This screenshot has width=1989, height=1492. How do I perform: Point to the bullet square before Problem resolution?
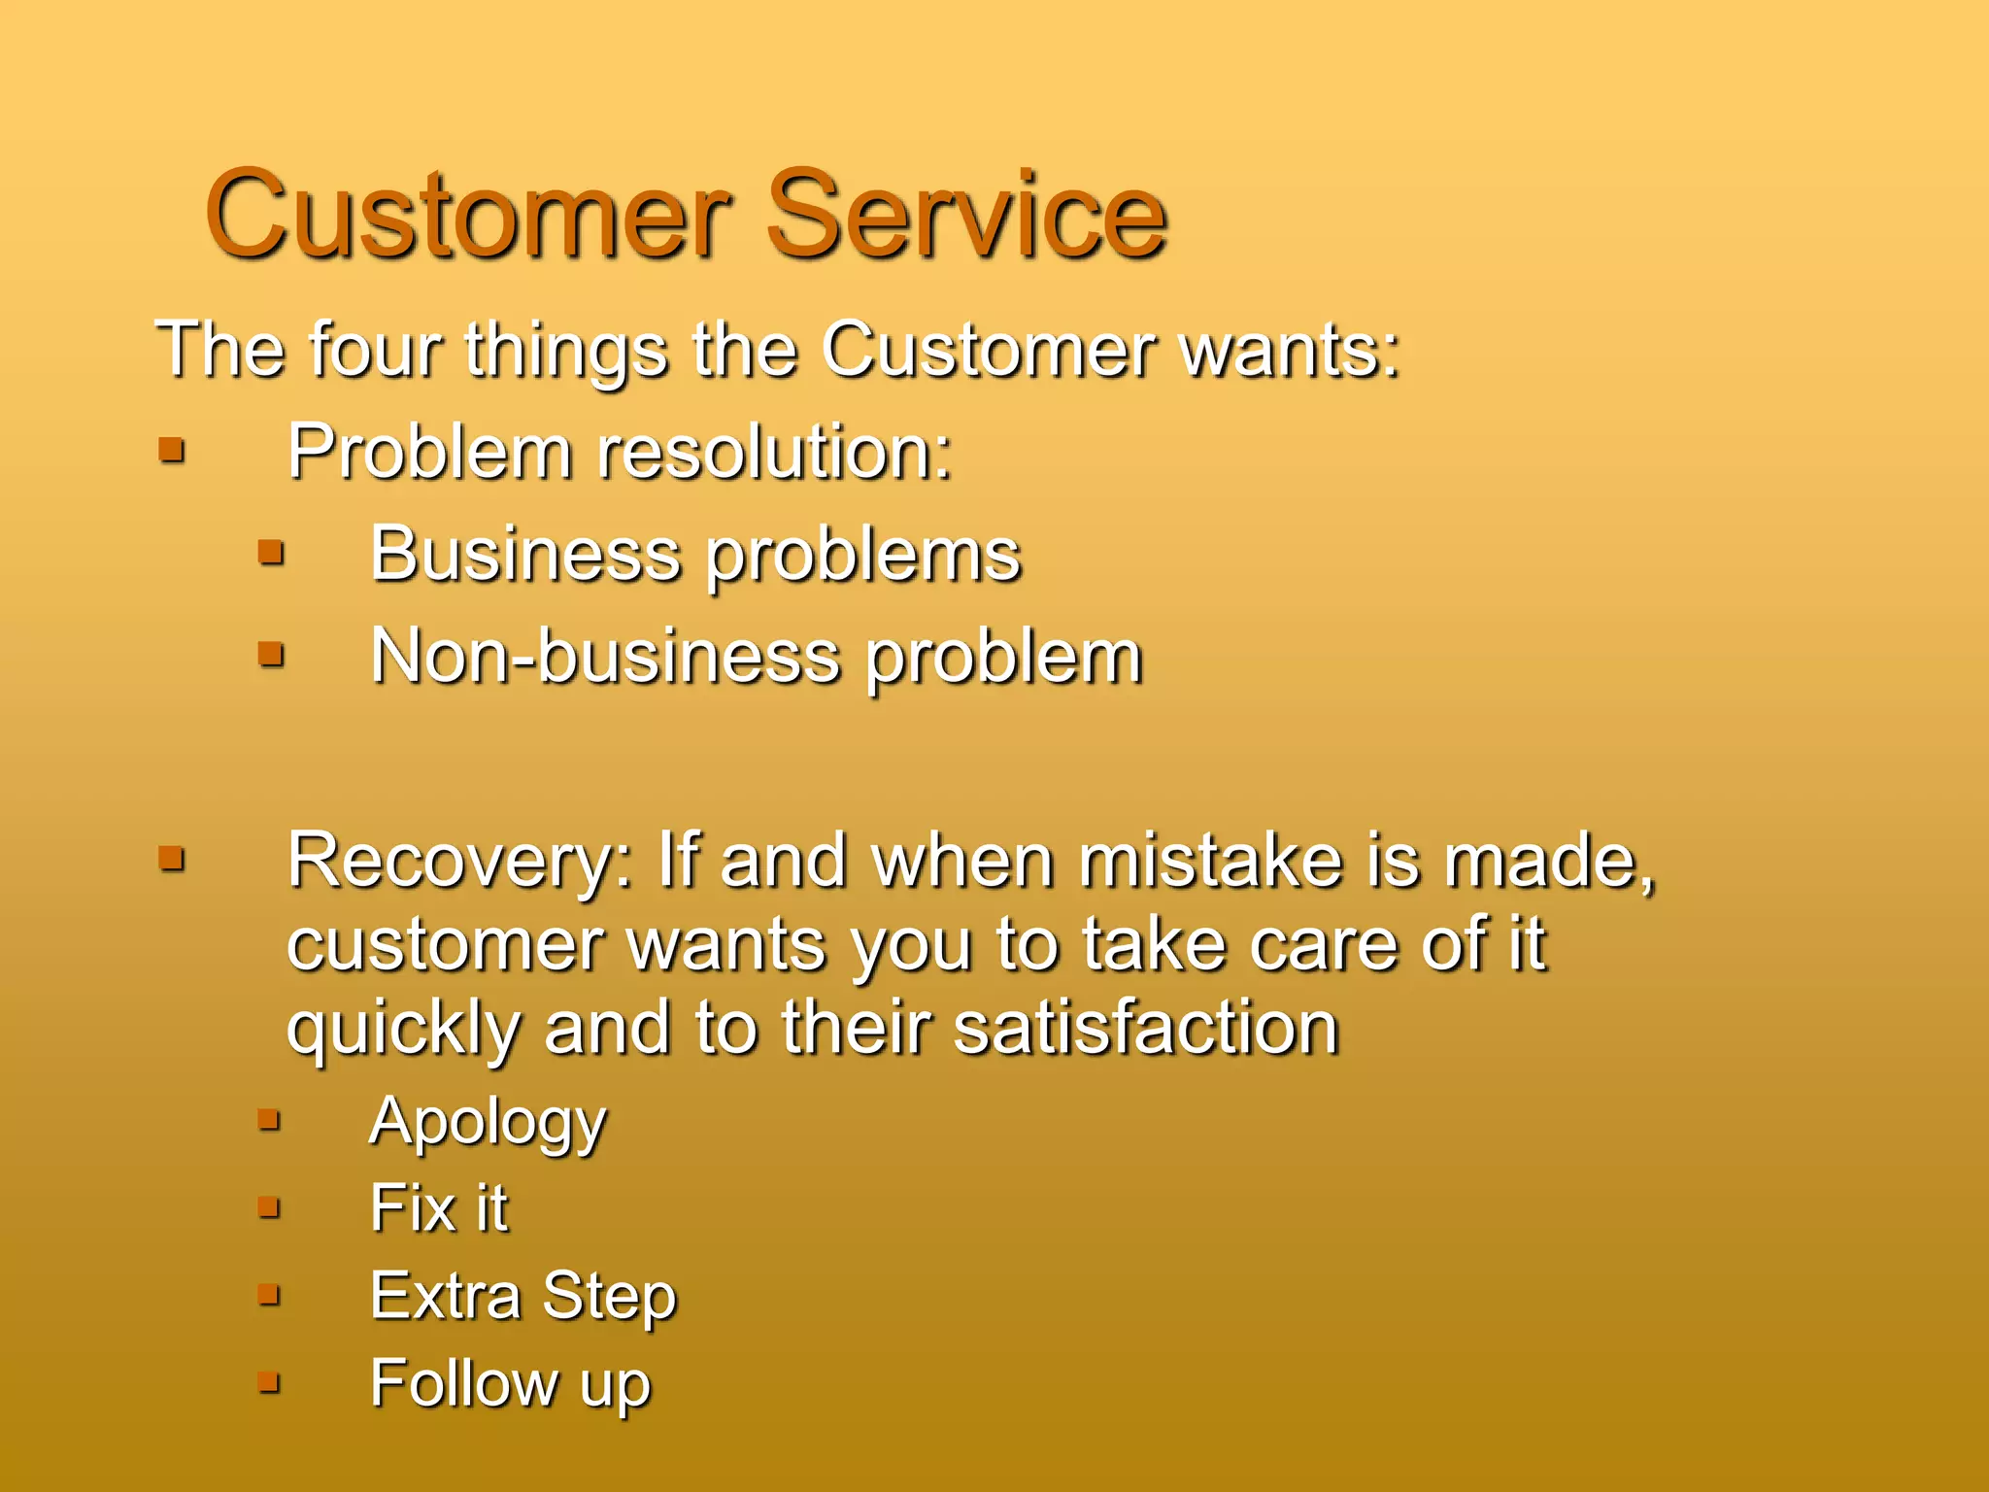172,450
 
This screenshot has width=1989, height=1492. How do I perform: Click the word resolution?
774,452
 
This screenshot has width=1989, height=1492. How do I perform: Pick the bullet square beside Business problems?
271,553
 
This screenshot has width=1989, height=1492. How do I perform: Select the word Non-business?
604,657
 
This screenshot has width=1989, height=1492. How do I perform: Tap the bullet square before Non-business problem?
271,655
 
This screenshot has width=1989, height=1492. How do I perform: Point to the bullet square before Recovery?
172,858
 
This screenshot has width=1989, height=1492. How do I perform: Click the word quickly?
402,1030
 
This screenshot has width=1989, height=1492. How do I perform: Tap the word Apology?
488,1123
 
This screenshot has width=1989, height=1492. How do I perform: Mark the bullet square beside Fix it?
269,1207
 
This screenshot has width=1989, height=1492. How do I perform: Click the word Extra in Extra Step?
445,1296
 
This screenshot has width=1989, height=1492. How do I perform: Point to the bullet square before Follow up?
269,1382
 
